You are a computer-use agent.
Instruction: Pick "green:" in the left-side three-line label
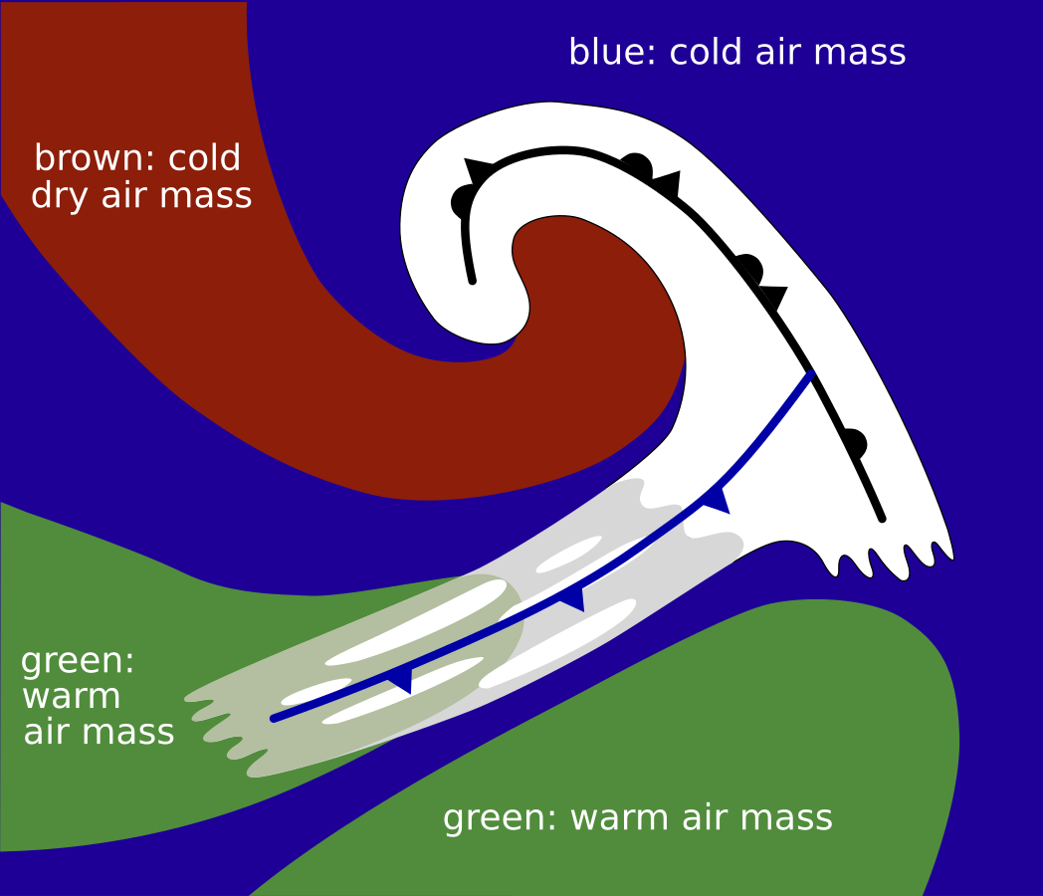pos(78,661)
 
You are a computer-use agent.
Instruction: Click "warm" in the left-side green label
pos(71,696)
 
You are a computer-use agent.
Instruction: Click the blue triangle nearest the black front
pos(718,499)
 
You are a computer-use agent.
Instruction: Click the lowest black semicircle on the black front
pos(853,443)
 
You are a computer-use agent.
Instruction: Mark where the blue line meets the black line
pos(812,374)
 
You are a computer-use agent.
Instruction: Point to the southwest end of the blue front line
pos(275,718)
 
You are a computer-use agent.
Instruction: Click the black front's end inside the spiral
pos(472,281)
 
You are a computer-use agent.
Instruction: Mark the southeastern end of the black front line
pos(882,518)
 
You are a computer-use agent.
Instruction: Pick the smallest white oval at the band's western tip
pos(315,691)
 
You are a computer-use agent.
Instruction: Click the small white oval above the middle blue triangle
pos(569,555)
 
